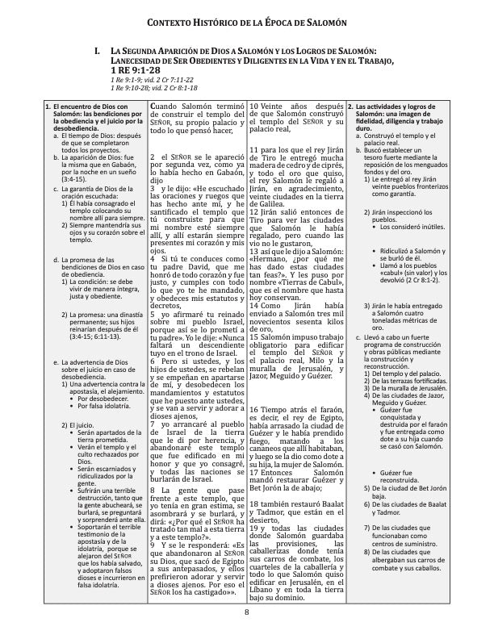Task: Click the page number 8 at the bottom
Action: click(247, 612)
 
